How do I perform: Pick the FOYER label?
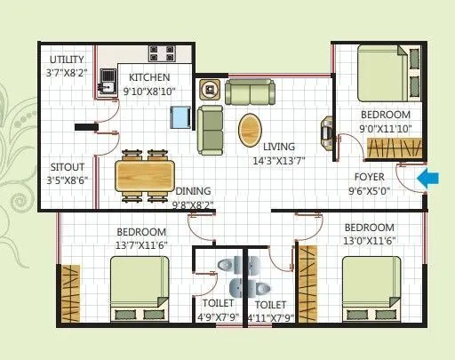369,176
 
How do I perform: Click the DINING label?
193,190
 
